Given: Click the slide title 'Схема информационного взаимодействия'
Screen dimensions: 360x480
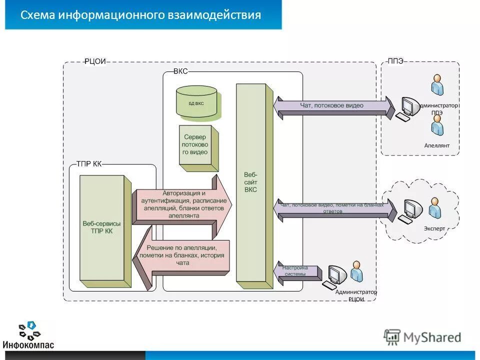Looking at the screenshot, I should (x=140, y=14).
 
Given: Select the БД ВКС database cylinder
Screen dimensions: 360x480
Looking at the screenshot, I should (x=196, y=103).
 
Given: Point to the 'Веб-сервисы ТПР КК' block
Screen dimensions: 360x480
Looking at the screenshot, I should (x=101, y=227).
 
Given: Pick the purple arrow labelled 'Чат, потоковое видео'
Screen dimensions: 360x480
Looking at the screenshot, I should (x=332, y=106).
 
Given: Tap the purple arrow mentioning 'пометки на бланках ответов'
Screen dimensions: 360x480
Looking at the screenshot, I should (x=332, y=209).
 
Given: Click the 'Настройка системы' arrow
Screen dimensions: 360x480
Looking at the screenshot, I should (x=297, y=271).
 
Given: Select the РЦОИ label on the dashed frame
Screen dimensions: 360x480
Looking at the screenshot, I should (x=95, y=61).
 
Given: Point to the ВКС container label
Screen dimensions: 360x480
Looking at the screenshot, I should (x=180, y=71).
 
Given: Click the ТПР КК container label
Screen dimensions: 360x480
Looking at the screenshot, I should (x=88, y=163).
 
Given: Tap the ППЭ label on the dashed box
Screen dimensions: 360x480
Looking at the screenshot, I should (x=395, y=61).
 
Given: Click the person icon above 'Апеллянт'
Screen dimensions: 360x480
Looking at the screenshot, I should (x=437, y=125).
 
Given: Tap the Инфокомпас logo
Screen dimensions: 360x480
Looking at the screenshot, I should (x=28, y=335).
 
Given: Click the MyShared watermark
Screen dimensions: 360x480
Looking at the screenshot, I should (x=422, y=337).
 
